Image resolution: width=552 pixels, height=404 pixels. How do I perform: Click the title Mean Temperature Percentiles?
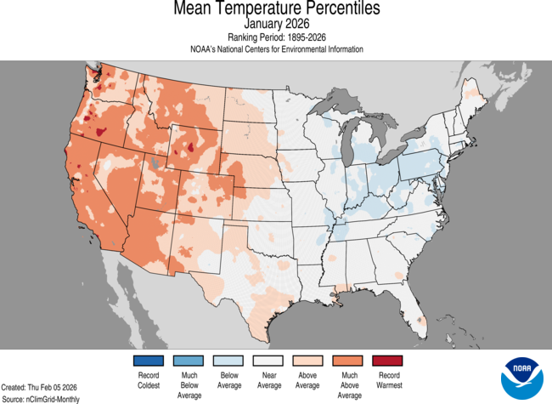pos(276,9)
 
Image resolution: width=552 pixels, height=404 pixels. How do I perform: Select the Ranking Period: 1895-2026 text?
pos(276,37)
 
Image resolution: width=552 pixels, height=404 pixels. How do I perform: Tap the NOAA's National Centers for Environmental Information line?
pos(276,49)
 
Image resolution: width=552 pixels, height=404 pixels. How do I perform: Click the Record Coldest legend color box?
pos(148,361)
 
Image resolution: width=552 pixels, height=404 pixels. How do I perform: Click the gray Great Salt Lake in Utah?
pos(154,161)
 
